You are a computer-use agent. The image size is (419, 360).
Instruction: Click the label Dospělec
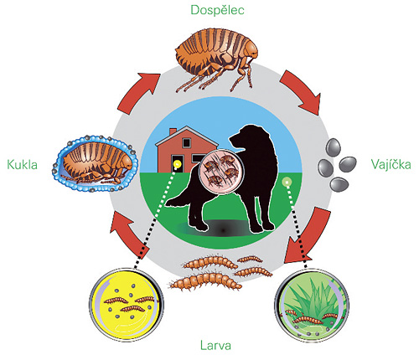point(217,10)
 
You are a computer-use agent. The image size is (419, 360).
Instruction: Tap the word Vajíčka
point(391,164)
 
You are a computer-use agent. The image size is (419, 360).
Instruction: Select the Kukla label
point(22,164)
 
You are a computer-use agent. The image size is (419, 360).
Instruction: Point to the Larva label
point(215,346)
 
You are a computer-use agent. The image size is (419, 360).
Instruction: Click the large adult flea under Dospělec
point(216,60)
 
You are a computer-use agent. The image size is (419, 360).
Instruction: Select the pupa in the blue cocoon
point(95,163)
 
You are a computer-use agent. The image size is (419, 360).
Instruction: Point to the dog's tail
point(178,200)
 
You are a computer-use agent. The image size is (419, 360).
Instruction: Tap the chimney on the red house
point(173,131)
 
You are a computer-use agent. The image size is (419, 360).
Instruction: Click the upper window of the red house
point(186,143)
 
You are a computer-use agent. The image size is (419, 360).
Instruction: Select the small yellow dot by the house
point(178,164)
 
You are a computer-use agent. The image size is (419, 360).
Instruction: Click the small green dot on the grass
point(287,183)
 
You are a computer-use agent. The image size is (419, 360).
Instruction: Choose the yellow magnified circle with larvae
point(127,305)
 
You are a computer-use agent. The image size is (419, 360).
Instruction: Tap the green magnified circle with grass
point(312,306)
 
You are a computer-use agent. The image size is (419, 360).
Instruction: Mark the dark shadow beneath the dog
point(220,228)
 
